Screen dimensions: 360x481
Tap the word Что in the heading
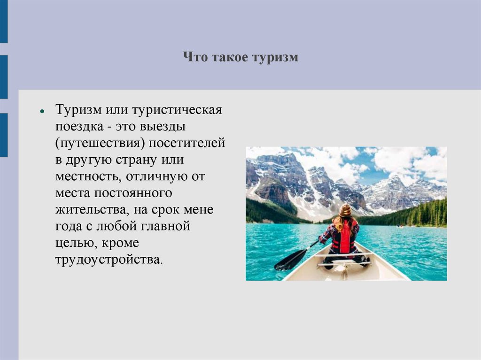click(x=193, y=58)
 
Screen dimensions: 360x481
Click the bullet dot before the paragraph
click(x=42, y=113)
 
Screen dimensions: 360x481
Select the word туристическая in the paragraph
click(x=177, y=110)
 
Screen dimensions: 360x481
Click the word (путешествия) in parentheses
click(x=100, y=143)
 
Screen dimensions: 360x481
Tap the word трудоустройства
click(x=109, y=260)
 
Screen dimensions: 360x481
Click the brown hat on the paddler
click(x=345, y=211)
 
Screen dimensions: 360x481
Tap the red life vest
click(x=345, y=238)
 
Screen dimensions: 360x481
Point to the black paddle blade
click(x=288, y=260)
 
